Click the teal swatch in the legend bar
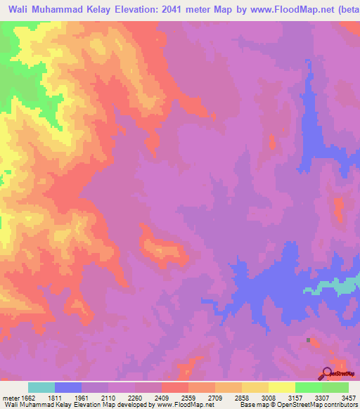(x=41, y=387)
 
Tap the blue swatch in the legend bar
(x=68, y=387)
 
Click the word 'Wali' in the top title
(x=22, y=9)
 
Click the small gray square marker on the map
(x=308, y=340)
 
